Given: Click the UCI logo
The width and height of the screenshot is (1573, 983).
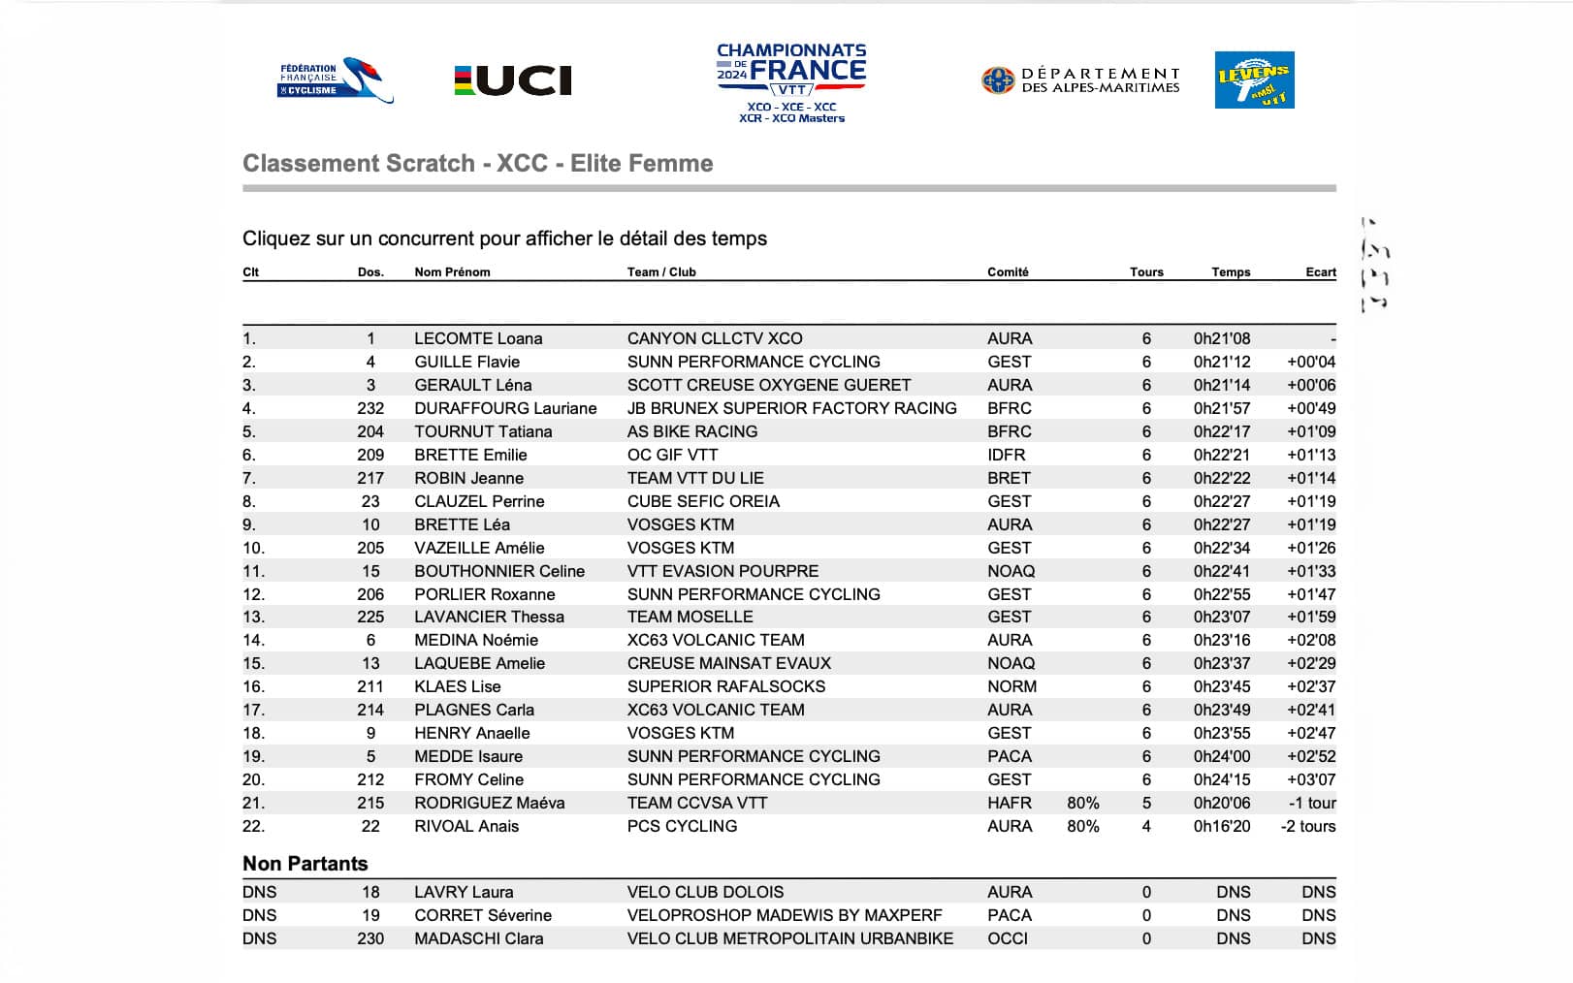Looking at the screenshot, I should pos(513,80).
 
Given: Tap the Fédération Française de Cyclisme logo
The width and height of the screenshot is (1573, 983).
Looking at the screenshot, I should pos(335,80).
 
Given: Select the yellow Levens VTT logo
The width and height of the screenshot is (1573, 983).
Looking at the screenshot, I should pos(1254,80).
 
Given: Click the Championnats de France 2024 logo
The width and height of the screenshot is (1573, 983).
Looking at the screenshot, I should pos(791,82).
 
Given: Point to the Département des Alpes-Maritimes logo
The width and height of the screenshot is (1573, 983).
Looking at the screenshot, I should pos(1080,80).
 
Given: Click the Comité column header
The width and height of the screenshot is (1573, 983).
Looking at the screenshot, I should pos(1008,272).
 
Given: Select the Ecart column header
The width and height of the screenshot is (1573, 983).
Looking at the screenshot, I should pos(1320,272).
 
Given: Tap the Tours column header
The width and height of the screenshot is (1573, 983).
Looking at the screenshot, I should pos(1145,272).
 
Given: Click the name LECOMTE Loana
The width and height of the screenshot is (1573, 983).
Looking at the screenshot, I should pos(478,338).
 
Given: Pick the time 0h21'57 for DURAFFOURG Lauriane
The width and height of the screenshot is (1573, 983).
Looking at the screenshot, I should pos(1221,408).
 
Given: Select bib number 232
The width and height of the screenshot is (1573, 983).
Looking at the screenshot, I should pos(370,408).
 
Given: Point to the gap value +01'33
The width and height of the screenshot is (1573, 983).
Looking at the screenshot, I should pos(1310,571).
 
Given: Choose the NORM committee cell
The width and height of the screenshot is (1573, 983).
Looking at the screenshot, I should pos(1011,686).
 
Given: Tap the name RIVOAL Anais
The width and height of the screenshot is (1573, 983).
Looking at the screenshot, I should pos(466,826).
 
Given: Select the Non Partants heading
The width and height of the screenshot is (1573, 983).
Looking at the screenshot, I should pos(305,864).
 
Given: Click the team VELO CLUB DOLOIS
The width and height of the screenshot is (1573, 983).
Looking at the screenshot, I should pos(705,892).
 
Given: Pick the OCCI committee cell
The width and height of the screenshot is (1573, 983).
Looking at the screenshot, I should pos(1008,938).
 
